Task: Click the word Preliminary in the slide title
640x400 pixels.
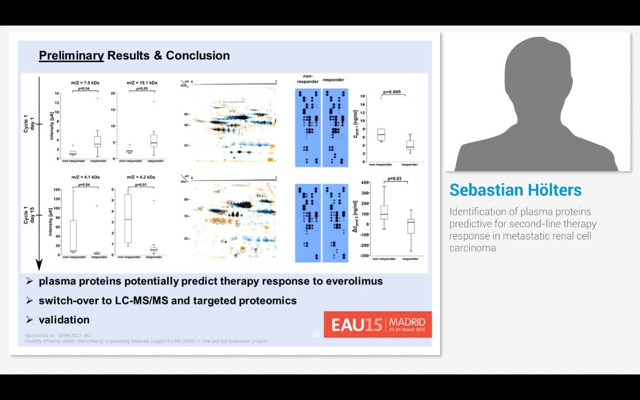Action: (x=71, y=56)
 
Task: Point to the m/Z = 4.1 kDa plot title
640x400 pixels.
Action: (x=85, y=177)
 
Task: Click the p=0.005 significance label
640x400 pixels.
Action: (x=394, y=92)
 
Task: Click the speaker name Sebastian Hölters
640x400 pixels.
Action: (x=515, y=190)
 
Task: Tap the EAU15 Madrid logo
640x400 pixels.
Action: (x=378, y=324)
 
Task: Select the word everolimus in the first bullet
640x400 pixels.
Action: (x=354, y=281)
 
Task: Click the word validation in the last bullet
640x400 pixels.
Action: (x=64, y=320)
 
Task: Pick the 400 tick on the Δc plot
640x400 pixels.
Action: (x=365, y=183)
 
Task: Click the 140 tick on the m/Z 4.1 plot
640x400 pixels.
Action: (x=56, y=189)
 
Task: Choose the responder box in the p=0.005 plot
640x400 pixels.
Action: (x=409, y=145)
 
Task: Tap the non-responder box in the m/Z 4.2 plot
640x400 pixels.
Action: (x=128, y=219)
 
